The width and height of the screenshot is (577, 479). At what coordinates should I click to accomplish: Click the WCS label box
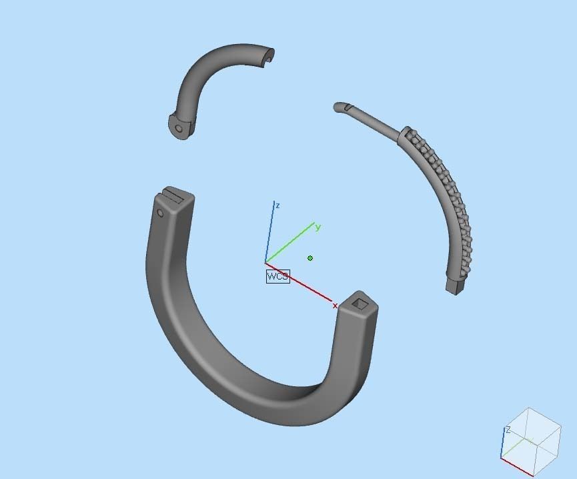[277, 276]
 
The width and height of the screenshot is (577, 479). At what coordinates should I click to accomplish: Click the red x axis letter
[335, 306]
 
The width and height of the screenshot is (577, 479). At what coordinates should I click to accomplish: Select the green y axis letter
[318, 227]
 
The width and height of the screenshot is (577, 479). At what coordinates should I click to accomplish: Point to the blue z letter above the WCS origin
[277, 205]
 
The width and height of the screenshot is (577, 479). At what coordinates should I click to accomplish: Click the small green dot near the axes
[310, 258]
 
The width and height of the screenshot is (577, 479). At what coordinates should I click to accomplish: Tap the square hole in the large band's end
[360, 304]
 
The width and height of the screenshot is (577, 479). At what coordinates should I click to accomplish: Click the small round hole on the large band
[160, 213]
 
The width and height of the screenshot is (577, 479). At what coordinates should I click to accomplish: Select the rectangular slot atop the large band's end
[175, 195]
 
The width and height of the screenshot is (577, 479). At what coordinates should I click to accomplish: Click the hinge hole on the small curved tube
[178, 128]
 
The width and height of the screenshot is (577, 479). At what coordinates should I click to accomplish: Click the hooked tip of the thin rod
[340, 107]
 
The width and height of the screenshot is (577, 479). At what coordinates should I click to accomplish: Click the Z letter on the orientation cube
[508, 430]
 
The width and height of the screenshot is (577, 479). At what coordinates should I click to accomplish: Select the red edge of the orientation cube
[517, 467]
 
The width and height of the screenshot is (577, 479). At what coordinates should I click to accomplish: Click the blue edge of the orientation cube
[502, 444]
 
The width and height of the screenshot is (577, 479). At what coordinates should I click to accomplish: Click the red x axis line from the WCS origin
[300, 283]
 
